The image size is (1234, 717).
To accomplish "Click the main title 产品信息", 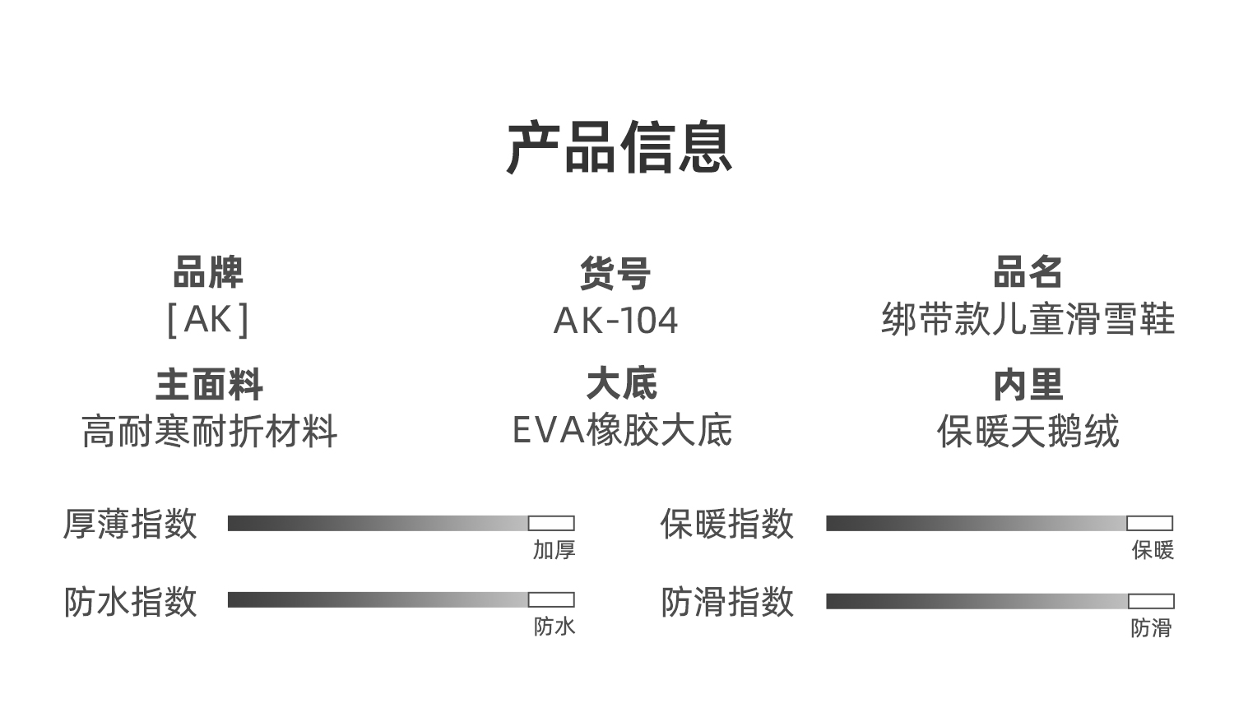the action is pos(619,147).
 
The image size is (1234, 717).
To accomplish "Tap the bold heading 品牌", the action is pos(208,272).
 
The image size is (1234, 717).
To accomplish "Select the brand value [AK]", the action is pos(208,320).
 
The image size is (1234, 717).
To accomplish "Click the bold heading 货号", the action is pos(615,273).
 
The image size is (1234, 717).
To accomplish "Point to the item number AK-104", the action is pos(615,321).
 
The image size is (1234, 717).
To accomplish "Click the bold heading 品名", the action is pos(1028,272).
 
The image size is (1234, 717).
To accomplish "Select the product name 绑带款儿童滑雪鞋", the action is pos(1028,319).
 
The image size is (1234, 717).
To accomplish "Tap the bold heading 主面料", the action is pos(209,385).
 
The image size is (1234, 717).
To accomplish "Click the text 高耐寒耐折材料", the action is pos(209,432).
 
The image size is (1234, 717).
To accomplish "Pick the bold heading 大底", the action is pos(622,384).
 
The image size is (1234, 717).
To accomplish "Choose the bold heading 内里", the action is pos(1028,385).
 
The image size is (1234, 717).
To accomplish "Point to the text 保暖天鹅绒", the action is pos(1028,432).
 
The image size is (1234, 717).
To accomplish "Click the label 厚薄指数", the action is pos(130,524).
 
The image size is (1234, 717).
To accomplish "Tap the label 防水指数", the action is pos(130,601).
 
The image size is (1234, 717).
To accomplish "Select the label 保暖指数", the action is pos(727,524).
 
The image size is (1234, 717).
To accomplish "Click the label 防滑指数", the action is pos(727,601).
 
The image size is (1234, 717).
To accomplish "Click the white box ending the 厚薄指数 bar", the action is pos(551,523).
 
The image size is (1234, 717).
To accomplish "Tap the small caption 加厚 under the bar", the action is pos(554,550).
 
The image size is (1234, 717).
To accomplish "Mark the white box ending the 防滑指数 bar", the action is pos(1152,601).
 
